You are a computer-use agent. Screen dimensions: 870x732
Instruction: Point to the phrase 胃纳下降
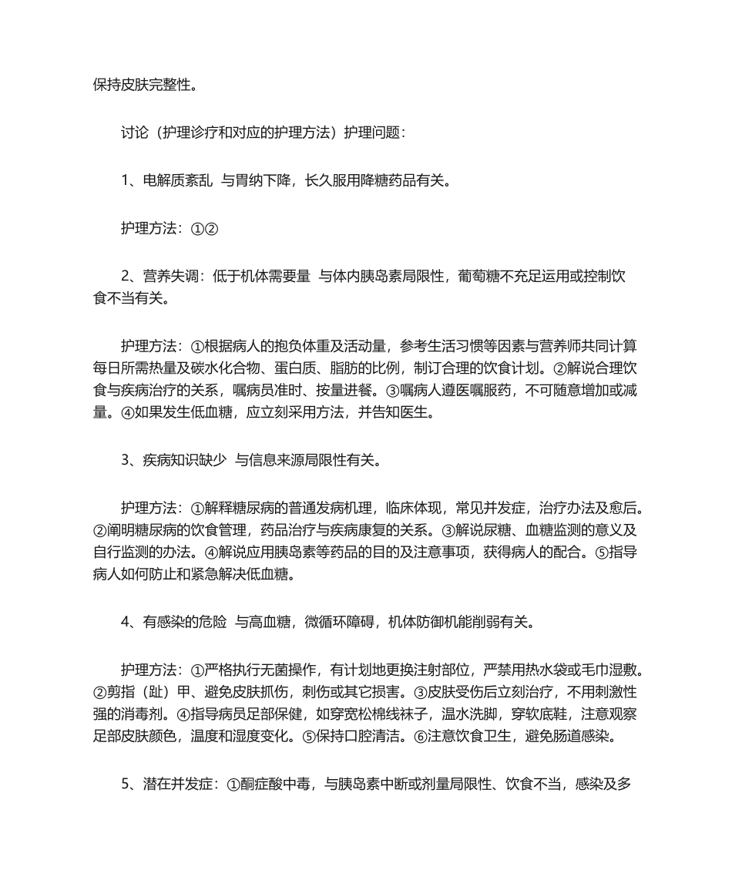[263, 181]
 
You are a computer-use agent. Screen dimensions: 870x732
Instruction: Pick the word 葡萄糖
[481, 277]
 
